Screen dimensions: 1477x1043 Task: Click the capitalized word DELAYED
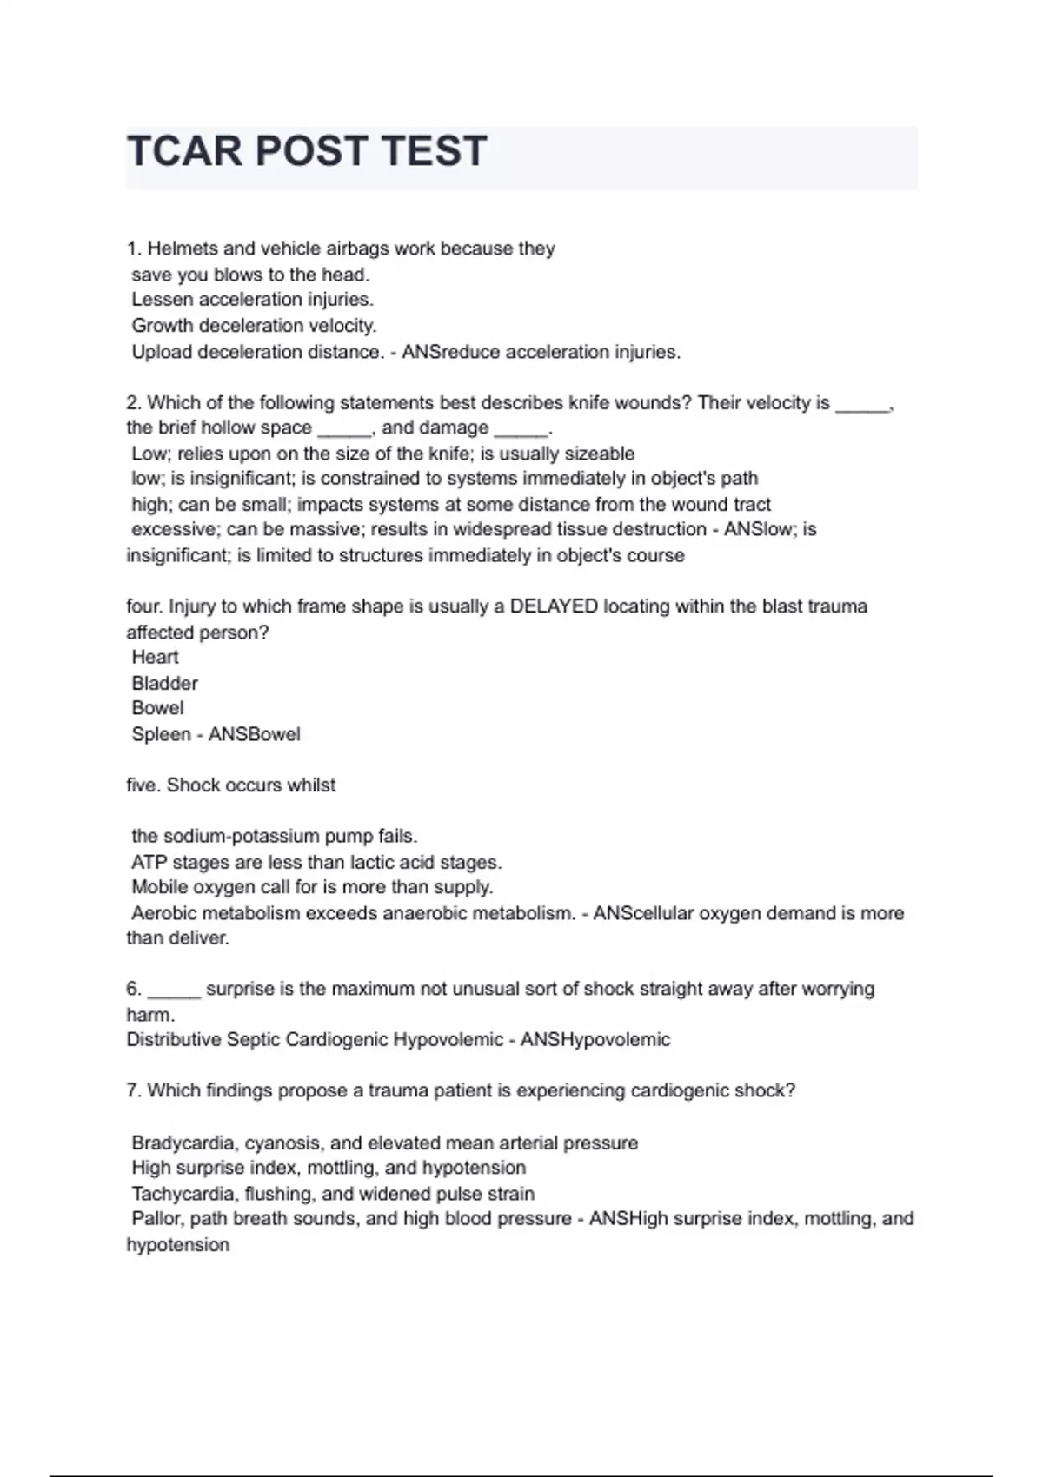tap(554, 606)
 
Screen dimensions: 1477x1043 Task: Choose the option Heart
tap(155, 658)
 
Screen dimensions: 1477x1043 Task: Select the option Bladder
tap(164, 684)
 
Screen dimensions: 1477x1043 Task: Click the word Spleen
tap(161, 734)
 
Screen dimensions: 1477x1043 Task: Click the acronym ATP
tap(149, 863)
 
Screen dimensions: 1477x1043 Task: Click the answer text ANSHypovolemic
tap(595, 1040)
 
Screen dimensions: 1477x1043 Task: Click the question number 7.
tap(133, 1090)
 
